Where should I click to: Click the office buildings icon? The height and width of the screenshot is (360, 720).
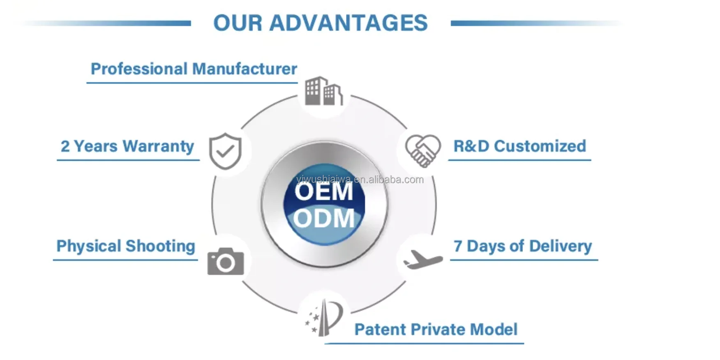point(324,91)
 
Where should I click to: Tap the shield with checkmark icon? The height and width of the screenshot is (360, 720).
point(225,151)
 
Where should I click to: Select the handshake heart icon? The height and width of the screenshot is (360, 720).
point(423,151)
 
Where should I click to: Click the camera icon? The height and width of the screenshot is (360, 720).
point(226,261)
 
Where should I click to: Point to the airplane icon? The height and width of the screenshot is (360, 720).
point(423,259)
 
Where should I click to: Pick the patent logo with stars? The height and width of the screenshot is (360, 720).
point(324,318)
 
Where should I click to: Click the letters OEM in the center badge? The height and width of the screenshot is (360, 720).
point(324,192)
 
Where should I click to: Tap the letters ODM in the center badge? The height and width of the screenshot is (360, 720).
point(324,218)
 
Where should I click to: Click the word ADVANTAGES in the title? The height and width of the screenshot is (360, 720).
point(348,23)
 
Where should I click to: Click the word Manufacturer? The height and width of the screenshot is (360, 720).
point(245,69)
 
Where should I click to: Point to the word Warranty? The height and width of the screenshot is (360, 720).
point(158,147)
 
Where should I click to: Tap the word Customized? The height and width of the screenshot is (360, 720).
point(540,146)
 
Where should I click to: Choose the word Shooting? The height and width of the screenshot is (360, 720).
point(160,247)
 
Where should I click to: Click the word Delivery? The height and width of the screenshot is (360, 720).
point(561,246)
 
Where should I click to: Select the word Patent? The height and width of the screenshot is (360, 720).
point(381,330)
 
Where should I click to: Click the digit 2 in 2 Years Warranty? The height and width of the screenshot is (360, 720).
point(65,146)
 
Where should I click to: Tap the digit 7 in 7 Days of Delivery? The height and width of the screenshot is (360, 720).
point(458,246)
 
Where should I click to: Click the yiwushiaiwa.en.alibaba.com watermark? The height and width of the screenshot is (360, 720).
point(360,180)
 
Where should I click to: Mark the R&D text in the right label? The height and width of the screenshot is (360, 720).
point(471,146)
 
